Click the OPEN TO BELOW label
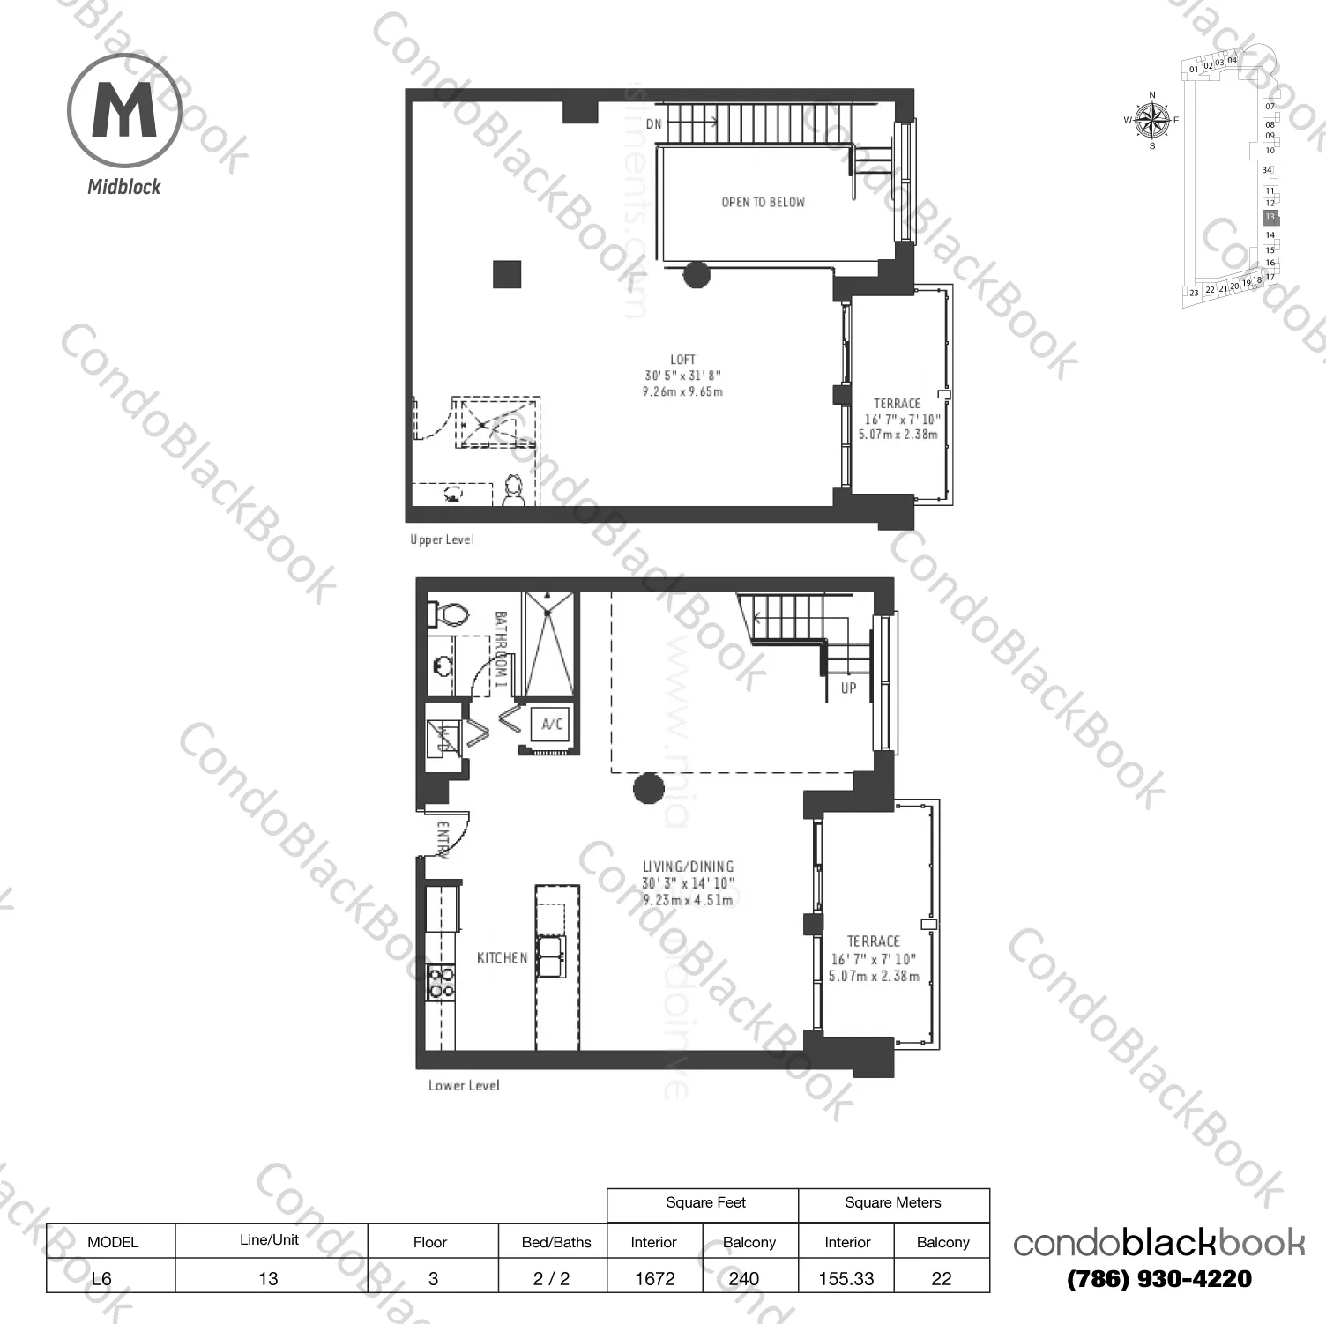coord(763,203)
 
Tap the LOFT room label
coord(682,360)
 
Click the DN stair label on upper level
coord(653,124)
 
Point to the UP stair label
coord(848,688)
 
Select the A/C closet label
coord(552,725)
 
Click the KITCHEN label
coord(502,958)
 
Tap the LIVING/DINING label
coord(688,867)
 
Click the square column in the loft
coord(507,274)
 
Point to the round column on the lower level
coord(648,788)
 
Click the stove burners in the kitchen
coord(442,982)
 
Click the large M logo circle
coord(124,111)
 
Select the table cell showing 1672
coord(654,1278)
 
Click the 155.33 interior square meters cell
coord(846,1278)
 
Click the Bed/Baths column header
coord(556,1242)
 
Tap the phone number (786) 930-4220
coord(1159,1279)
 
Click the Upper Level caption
coord(442,539)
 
